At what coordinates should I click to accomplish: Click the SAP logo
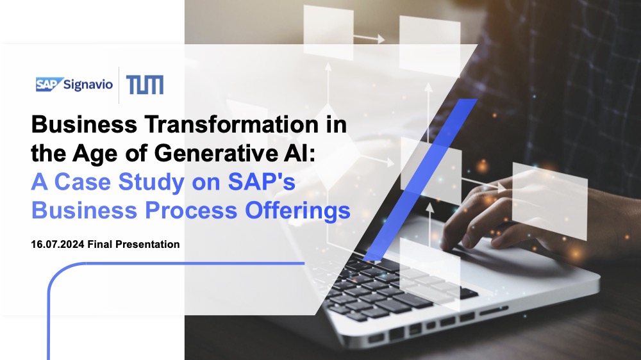click(49, 84)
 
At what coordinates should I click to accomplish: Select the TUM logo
click(145, 85)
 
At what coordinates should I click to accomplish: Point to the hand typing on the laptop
click(487, 211)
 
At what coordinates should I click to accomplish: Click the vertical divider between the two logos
click(119, 85)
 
